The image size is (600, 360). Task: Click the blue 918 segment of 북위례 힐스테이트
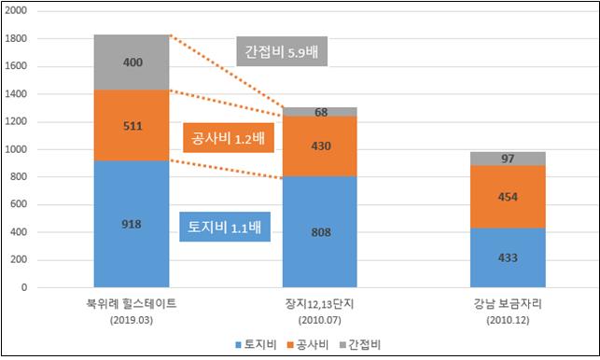coord(132,224)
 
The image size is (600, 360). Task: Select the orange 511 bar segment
coord(132,125)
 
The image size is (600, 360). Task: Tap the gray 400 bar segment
coord(132,62)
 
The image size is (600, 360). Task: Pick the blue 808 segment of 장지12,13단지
coord(320,231)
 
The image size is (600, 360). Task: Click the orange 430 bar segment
coord(320,146)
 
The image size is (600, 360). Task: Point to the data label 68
coord(320,113)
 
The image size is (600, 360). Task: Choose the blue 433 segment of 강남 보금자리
coord(509,257)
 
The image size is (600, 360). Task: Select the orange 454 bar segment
coord(509,196)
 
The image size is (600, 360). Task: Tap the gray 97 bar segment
coord(509,159)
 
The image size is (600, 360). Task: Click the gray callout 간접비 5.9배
coord(278,52)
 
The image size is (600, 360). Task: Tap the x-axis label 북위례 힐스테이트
coord(132,304)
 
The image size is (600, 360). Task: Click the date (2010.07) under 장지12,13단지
coord(320,320)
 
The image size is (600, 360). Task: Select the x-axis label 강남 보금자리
coord(509,304)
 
